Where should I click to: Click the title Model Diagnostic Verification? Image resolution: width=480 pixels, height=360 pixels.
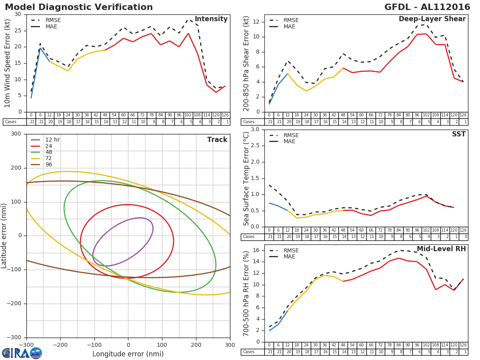(79, 7)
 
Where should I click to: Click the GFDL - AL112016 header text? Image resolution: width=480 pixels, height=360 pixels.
(427, 7)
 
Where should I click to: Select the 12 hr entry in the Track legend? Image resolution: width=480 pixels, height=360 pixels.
(52, 140)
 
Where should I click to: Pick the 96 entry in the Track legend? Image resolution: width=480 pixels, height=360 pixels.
(49, 164)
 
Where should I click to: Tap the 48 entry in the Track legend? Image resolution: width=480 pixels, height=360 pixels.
(49, 152)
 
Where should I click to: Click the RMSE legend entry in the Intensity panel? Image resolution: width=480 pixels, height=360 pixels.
(53, 20)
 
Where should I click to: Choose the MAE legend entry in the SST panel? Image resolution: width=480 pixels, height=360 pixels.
(289, 141)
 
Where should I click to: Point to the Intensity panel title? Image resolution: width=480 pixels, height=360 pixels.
(211, 19)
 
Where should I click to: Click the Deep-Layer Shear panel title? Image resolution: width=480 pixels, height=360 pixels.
(432, 19)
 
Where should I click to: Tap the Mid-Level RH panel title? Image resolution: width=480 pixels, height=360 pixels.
(441, 249)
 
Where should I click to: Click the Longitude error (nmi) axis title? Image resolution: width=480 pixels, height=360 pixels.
(128, 354)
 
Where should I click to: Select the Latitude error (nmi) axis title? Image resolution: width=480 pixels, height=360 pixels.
(4, 235)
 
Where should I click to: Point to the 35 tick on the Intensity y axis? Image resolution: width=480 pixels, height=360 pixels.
(18, 14)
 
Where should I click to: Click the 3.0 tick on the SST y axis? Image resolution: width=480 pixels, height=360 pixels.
(254, 129)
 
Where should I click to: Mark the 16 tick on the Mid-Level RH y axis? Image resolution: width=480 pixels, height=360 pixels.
(256, 250)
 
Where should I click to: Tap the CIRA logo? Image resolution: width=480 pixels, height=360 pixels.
(22, 353)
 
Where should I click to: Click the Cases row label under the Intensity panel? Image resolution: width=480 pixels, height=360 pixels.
(11, 122)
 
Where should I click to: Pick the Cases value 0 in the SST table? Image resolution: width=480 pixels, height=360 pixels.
(466, 237)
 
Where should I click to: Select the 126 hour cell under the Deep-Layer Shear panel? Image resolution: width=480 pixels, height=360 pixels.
(463, 115)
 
